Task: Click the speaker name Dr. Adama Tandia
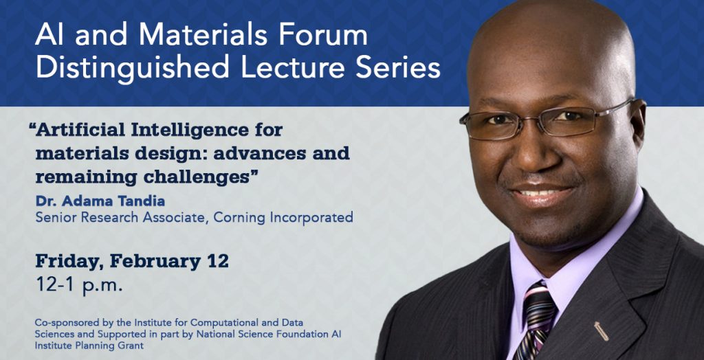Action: pos(100,201)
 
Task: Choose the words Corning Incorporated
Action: pos(283,218)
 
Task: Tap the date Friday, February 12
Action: pos(132,262)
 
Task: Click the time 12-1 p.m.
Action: pos(79,285)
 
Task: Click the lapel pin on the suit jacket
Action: pos(601,331)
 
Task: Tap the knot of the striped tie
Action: pos(539,302)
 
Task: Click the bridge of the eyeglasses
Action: pos(533,120)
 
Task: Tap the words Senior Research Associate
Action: pos(121,218)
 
